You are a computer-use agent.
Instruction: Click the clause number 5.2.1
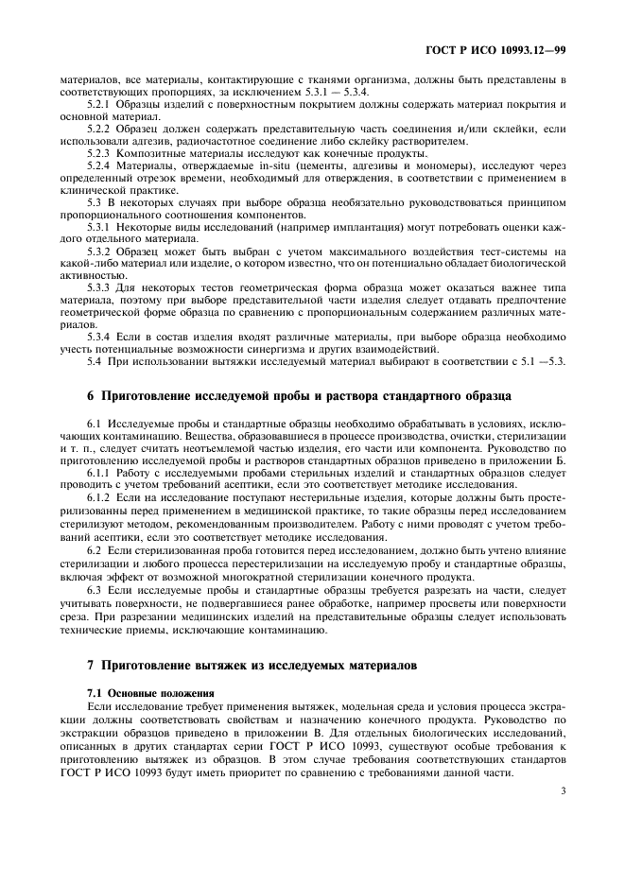pos(101,103)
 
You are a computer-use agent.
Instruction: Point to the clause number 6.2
pos(95,547)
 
